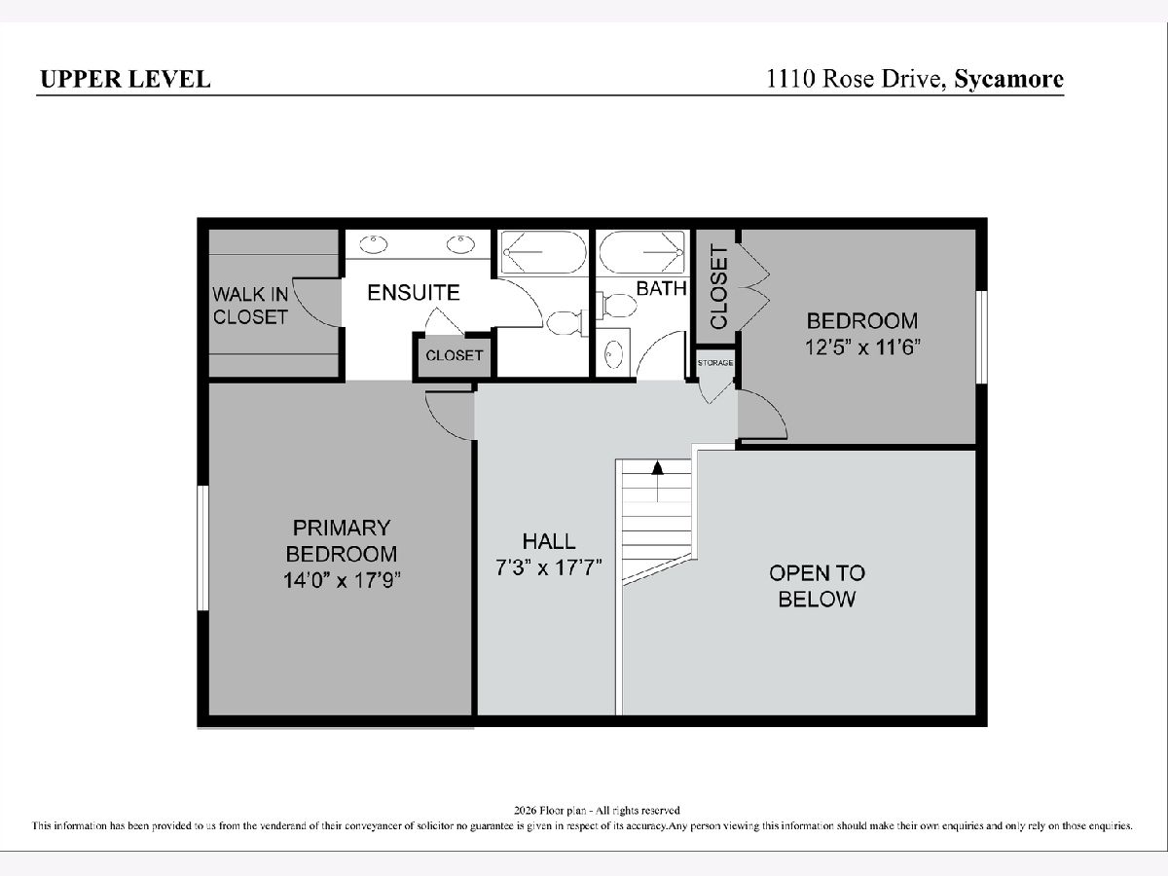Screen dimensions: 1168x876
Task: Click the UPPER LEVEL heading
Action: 126,79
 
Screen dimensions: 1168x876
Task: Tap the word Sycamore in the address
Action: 1009,79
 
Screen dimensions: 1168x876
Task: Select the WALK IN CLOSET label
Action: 250,306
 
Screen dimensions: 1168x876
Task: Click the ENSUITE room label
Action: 414,293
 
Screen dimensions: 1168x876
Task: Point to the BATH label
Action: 662,288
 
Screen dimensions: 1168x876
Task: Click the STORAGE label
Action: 715,363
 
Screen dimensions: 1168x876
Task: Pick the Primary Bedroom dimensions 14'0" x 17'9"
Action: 341,580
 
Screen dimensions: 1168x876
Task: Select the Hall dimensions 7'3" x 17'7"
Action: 549,567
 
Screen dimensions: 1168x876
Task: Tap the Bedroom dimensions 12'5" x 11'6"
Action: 862,347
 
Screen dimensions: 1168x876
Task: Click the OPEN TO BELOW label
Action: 817,586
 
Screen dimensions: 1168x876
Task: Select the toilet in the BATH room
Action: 617,306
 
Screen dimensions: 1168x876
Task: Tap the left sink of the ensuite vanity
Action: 373,244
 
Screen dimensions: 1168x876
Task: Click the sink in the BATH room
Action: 614,353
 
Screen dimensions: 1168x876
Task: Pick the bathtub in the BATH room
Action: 641,252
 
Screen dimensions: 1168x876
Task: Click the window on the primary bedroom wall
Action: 202,548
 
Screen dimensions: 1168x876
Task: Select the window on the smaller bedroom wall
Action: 982,337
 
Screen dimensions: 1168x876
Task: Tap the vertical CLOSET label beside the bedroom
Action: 718,287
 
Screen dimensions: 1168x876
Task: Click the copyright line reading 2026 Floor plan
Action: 597,811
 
